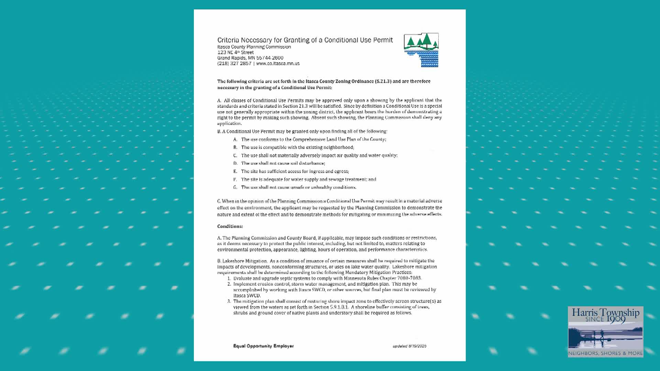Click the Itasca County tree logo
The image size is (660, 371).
coord(421,50)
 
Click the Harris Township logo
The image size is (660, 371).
coord(605,331)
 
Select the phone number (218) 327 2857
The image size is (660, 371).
coord(234,64)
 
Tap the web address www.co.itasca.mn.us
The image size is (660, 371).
coord(278,64)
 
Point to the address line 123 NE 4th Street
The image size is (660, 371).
coord(235,52)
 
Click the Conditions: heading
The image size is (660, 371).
coord(230,226)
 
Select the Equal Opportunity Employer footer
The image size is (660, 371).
coord(263,346)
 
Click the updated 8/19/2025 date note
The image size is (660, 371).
coord(409,346)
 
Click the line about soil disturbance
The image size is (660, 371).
coord(283,163)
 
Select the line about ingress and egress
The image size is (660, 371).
coord(295,171)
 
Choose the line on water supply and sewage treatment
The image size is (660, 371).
coord(308,179)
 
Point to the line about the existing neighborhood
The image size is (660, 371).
coord(297,147)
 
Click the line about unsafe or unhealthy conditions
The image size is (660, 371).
coord(298,187)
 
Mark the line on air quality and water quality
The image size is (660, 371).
coord(319,155)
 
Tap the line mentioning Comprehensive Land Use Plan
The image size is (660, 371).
coord(313,139)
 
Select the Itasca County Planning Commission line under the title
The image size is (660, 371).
coord(254,47)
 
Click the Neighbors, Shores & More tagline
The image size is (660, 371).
coord(605,353)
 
